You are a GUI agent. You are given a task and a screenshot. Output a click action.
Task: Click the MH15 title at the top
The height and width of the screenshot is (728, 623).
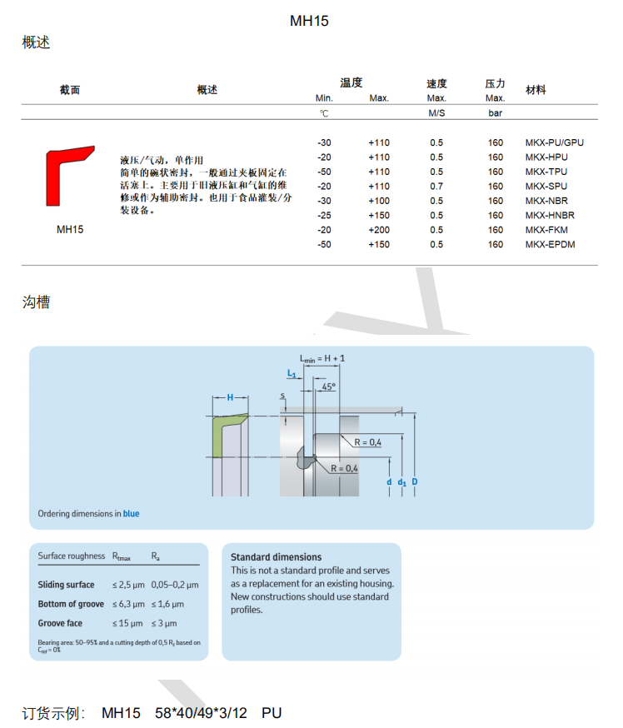coord(309,21)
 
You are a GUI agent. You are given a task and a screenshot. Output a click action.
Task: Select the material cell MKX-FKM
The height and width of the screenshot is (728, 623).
coord(546,230)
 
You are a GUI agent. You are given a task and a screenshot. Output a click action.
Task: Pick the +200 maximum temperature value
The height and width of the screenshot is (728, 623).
coord(379,230)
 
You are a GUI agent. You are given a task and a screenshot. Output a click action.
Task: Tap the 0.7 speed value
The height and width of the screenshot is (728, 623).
coord(436,187)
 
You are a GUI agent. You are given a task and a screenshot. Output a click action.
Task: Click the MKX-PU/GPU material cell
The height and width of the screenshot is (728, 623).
coord(555,142)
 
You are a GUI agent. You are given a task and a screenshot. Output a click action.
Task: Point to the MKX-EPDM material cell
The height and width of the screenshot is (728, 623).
coord(550,244)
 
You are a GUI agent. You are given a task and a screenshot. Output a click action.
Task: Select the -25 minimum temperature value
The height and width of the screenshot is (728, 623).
coord(324,216)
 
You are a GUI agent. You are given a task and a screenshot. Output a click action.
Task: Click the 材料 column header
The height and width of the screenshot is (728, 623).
coord(536,90)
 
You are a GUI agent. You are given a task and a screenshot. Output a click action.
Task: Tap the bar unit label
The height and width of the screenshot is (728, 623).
coord(495,112)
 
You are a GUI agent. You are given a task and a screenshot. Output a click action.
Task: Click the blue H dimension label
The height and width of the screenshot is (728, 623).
coord(230,397)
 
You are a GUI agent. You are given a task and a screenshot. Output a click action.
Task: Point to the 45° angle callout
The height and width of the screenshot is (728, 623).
coord(328,386)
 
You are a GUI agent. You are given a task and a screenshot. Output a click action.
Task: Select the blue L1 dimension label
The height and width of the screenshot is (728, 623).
coord(292,373)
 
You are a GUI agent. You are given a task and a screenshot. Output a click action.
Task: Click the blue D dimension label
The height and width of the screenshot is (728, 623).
coord(415,481)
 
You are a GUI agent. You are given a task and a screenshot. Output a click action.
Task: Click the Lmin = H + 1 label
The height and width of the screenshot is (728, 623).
coord(322,358)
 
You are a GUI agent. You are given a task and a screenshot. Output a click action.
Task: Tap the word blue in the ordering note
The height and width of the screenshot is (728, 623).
coord(131,513)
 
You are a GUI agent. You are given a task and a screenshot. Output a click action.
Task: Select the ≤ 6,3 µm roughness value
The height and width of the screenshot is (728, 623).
coord(128,604)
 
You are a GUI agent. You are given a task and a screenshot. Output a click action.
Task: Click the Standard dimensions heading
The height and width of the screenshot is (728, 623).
coord(277,557)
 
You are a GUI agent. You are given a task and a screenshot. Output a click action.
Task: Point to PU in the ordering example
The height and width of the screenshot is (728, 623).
coord(272,713)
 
